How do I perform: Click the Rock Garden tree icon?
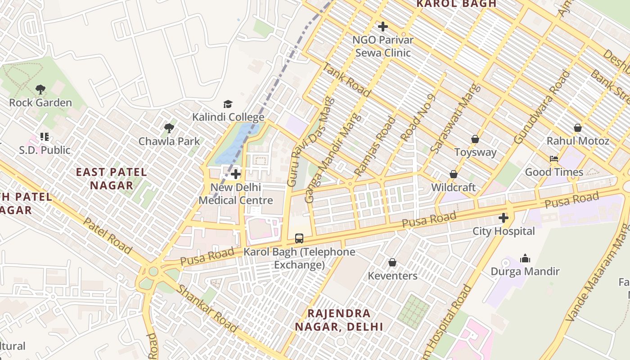(x=40, y=89)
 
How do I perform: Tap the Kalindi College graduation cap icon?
(x=228, y=104)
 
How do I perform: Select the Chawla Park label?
(x=169, y=141)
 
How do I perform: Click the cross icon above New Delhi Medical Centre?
(x=235, y=174)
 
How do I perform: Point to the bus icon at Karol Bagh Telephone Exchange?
(x=299, y=238)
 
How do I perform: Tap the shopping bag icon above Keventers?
(x=392, y=262)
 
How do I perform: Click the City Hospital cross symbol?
(x=504, y=218)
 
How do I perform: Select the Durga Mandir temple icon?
(x=525, y=259)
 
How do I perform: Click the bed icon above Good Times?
(x=554, y=159)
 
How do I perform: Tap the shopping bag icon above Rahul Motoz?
(x=578, y=128)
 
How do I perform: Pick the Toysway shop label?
(x=475, y=152)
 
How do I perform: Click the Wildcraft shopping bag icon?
(x=454, y=174)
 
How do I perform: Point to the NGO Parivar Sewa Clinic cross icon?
(x=383, y=27)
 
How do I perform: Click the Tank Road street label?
(x=346, y=80)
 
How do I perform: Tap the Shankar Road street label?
(x=207, y=308)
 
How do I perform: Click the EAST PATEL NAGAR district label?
(x=111, y=178)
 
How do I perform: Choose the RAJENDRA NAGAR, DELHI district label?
(x=339, y=320)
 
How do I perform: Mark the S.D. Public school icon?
(x=44, y=136)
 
